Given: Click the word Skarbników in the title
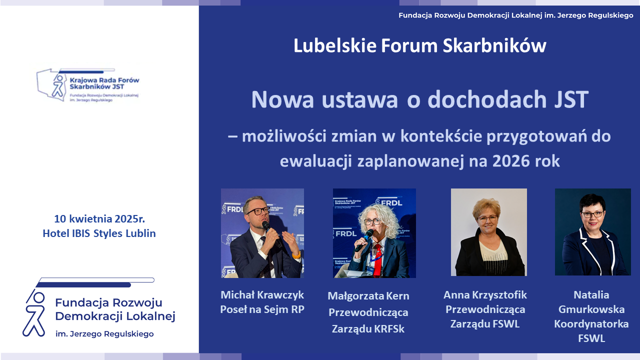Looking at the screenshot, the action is [x=494, y=45].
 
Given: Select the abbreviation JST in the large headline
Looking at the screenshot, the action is [x=571, y=99].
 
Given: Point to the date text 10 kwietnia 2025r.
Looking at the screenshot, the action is [x=99, y=219].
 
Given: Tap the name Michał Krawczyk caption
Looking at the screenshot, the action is [x=262, y=295].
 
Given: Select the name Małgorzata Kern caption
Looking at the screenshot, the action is [x=368, y=296].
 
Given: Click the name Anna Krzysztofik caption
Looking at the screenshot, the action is [x=485, y=295].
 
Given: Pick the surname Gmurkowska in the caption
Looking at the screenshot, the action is [x=591, y=309].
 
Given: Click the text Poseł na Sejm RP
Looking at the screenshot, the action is [x=262, y=309].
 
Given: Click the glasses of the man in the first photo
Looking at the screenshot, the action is [x=257, y=211].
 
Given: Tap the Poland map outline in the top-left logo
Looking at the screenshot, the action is [x=52, y=84].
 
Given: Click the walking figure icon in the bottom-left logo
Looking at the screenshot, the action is [x=34, y=313].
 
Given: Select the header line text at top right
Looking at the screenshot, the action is [x=516, y=15].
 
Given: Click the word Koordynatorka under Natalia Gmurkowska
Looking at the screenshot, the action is [x=591, y=324].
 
